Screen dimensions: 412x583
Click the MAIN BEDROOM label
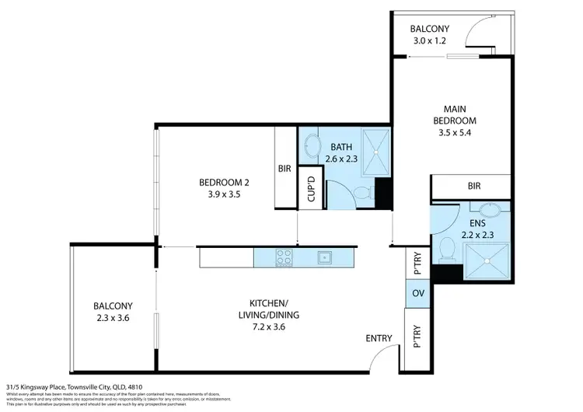(x=456, y=114)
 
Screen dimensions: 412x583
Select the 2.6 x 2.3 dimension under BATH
(x=342, y=159)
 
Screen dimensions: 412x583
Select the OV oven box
(x=417, y=293)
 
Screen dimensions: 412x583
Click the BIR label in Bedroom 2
(x=285, y=168)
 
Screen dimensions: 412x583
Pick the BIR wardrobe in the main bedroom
(x=473, y=187)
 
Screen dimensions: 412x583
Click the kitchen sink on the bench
(x=324, y=257)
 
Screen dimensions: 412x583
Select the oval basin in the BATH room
(x=312, y=146)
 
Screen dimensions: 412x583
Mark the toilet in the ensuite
(x=446, y=249)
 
